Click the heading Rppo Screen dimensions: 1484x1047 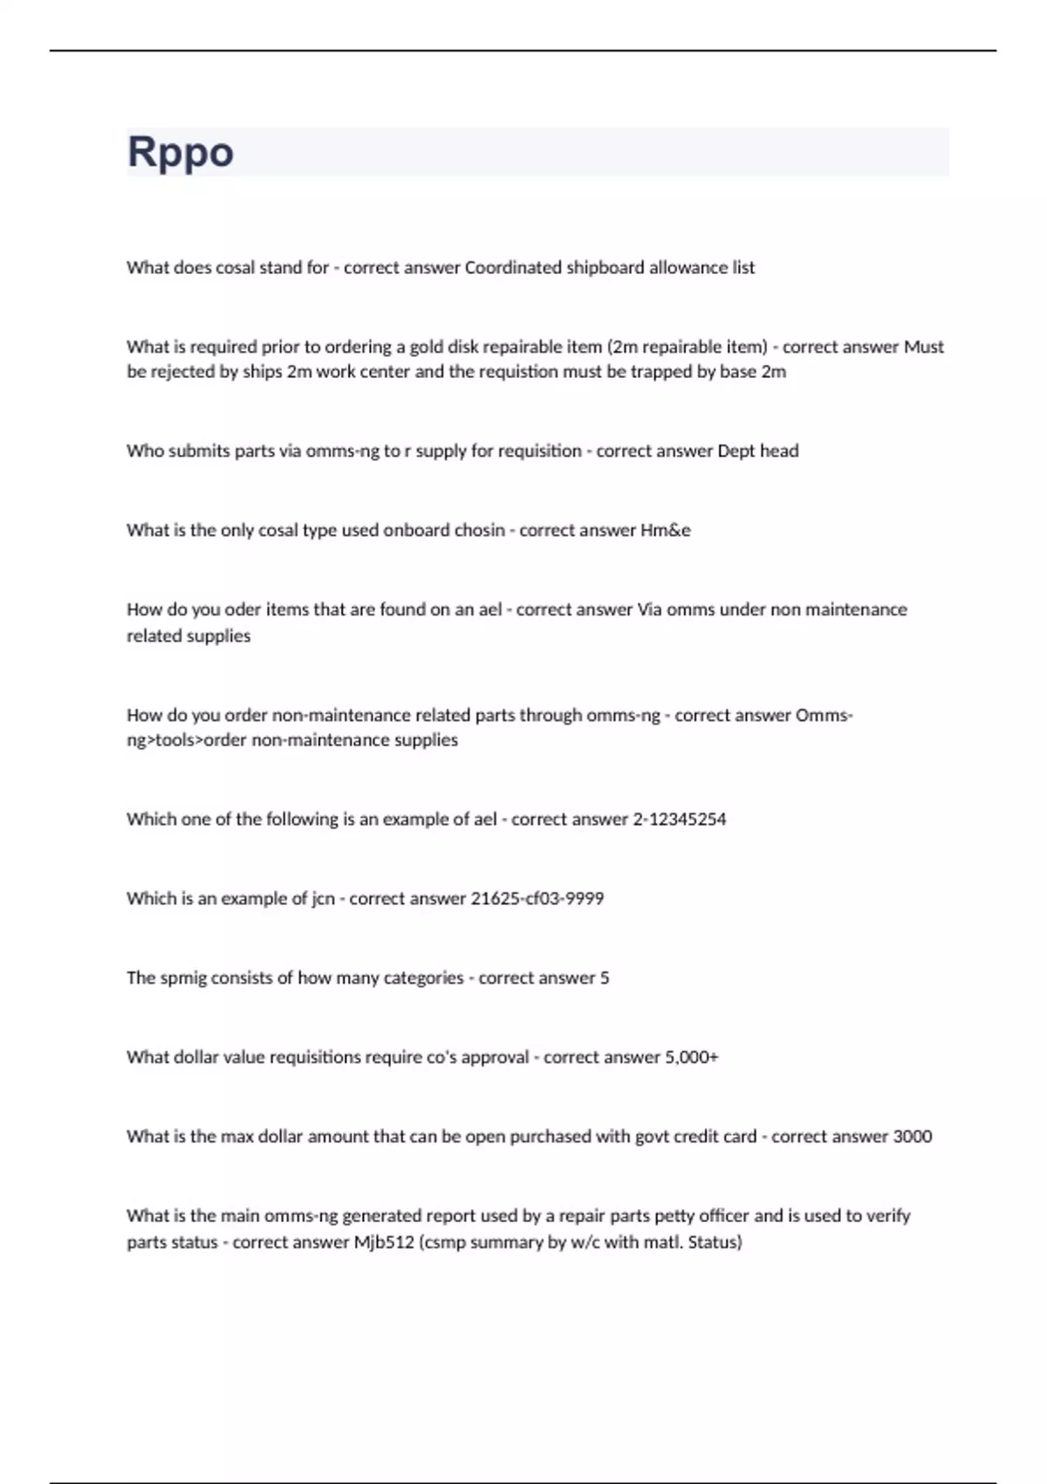pyautogui.click(x=181, y=152)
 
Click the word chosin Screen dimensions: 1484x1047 pyautogui.click(x=479, y=531)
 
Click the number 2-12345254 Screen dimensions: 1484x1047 pyautogui.click(x=679, y=820)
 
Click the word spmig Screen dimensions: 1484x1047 pyautogui.click(x=183, y=978)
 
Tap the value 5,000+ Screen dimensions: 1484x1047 pyautogui.click(x=691, y=1057)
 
